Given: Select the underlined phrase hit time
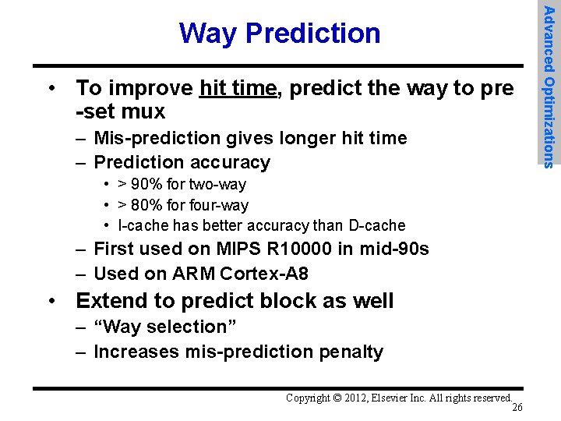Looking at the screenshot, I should click(238, 88).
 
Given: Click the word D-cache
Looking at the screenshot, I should click(377, 226).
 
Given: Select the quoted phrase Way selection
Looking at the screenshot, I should click(164, 327).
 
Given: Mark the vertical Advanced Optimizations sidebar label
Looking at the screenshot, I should click(549, 86).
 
